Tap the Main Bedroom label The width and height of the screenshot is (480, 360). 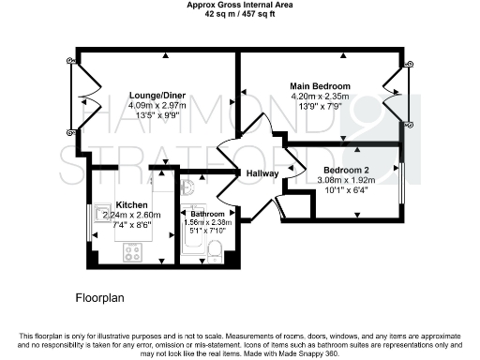(x=321, y=85)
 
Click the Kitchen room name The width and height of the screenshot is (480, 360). (x=131, y=204)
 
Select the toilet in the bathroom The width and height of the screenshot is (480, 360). (x=216, y=250)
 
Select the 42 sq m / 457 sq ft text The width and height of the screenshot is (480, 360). (x=240, y=17)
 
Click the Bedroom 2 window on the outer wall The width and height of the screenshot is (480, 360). (x=403, y=184)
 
